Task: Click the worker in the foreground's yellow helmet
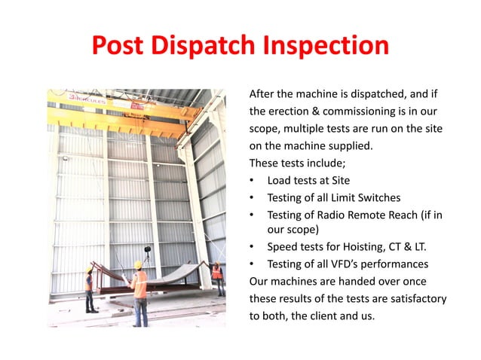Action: (x=138, y=264)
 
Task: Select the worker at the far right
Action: (x=218, y=279)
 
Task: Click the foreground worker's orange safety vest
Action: (x=139, y=285)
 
